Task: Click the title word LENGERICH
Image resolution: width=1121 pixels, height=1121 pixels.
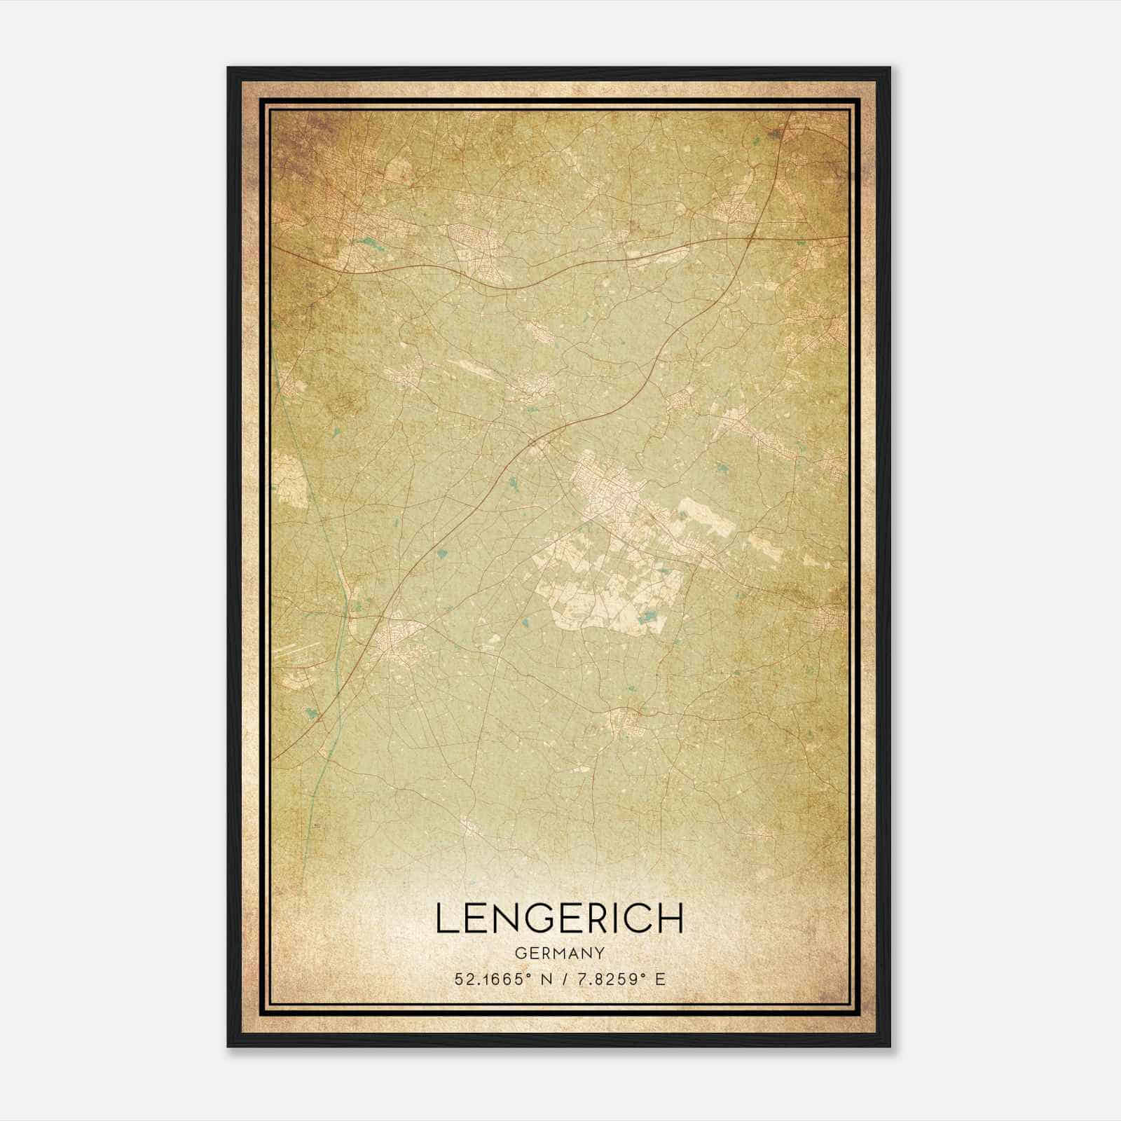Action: tap(560, 918)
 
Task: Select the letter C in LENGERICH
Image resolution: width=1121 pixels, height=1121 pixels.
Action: tap(637, 918)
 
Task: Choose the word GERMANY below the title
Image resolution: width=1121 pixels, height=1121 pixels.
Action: tap(560, 954)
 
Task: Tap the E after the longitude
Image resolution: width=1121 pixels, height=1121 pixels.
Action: tap(660, 979)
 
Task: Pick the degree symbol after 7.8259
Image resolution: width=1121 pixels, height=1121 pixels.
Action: tap(642, 975)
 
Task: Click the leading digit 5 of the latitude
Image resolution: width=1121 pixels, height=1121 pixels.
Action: tap(459, 979)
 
